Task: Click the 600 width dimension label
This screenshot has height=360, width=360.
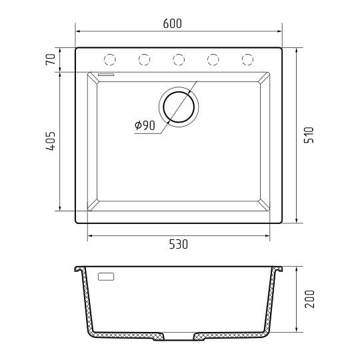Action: pyautogui.click(x=173, y=23)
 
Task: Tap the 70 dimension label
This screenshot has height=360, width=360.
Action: pyautogui.click(x=51, y=59)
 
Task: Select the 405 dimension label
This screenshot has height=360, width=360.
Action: pyautogui.click(x=51, y=141)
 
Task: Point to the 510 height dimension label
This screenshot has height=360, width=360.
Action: pyautogui.click(x=309, y=135)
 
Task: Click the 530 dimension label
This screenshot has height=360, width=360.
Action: pyautogui.click(x=179, y=244)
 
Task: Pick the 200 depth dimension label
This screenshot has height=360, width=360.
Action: pyautogui.click(x=309, y=299)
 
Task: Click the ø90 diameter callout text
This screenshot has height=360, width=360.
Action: pyautogui.click(x=145, y=125)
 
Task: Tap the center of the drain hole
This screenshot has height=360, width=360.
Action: pyautogui.click(x=179, y=107)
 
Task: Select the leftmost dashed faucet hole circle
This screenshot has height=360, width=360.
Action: pyautogui.click(x=110, y=60)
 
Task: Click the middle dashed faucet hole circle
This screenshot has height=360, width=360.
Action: pyautogui.click(x=179, y=60)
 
